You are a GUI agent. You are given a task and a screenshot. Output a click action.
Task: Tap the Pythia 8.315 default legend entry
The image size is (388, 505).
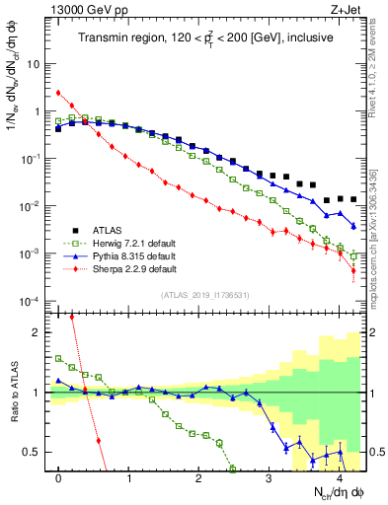[118, 256]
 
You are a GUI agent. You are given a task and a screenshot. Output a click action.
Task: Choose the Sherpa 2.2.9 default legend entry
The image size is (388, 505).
[118, 268]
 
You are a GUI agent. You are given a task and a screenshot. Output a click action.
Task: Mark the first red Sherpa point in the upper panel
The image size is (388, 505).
[59, 93]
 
